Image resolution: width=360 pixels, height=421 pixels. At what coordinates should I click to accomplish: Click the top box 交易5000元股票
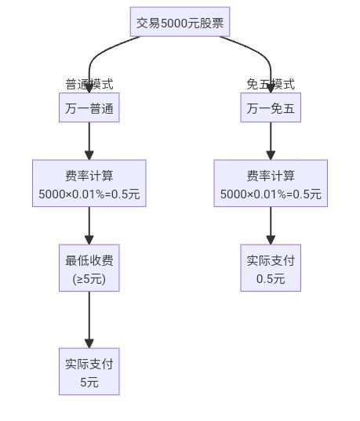click(180, 23)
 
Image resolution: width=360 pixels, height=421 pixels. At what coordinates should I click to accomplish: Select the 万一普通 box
click(89, 108)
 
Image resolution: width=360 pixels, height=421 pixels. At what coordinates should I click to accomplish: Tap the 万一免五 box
click(271, 108)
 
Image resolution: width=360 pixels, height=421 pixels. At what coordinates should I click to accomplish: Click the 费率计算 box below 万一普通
click(89, 183)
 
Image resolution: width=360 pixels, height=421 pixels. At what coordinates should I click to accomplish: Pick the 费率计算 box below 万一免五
click(271, 183)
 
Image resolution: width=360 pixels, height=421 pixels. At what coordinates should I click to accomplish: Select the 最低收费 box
click(89, 268)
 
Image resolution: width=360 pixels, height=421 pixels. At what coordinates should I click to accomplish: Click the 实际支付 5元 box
click(89, 372)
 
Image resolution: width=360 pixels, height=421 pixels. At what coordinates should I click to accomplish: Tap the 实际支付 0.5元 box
click(271, 268)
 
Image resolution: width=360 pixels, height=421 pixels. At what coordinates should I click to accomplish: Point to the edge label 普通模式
click(89, 84)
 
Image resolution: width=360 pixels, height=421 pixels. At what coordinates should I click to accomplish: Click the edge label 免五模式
click(271, 84)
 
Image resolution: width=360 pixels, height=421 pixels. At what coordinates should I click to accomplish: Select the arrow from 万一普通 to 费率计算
click(89, 141)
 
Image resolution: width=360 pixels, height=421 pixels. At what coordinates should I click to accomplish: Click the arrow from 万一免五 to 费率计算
click(271, 141)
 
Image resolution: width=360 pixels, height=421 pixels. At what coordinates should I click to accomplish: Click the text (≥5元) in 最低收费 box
click(89, 278)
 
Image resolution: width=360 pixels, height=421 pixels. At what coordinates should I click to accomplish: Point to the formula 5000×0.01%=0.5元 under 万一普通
click(89, 194)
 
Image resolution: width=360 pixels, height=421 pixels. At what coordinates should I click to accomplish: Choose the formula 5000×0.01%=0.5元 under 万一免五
click(271, 194)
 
